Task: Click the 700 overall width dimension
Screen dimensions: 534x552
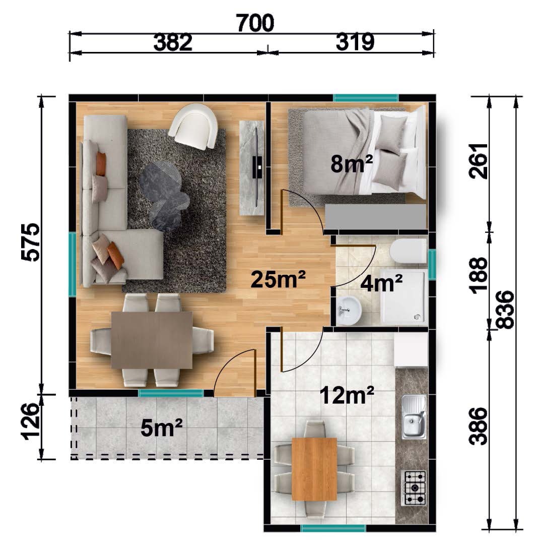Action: pos(255,23)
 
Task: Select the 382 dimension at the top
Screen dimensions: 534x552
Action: pos(173,42)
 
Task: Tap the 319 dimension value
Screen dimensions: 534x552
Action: pos(355,42)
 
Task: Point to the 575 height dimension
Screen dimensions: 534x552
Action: pos(30,242)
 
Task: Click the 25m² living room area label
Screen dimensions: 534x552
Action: pos(278,279)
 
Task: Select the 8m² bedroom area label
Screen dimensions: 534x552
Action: pos(352,163)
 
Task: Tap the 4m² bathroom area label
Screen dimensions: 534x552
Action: pos(382,283)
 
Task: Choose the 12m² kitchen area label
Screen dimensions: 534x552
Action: pos(347,395)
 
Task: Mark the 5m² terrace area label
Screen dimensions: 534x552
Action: pos(162,427)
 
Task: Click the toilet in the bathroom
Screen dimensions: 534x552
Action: pos(408,251)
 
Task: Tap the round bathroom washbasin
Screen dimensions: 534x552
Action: pos(349,311)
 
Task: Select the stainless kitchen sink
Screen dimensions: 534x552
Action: pos(414,416)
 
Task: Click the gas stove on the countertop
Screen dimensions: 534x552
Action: pos(414,488)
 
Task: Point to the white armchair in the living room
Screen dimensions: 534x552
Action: pos(193,126)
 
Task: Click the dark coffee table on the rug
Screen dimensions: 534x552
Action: pos(164,197)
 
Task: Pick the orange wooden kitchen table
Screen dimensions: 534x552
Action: pos(314,468)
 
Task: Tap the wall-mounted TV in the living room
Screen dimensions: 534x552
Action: pos(257,168)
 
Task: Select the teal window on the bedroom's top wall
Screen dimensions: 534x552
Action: pos(366,97)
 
